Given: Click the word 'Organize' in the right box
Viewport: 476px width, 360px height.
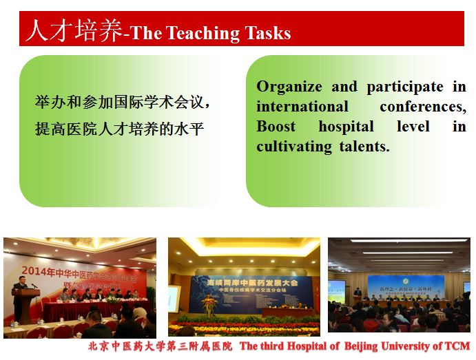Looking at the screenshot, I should (x=289, y=87).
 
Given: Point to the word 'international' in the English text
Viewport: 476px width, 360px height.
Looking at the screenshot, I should (x=302, y=107).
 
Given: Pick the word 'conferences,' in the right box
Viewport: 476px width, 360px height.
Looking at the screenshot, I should (x=422, y=107).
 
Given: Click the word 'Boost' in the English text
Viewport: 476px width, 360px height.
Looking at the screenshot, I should (x=276, y=127).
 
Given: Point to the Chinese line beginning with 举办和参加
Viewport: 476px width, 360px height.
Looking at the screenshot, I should (x=123, y=103).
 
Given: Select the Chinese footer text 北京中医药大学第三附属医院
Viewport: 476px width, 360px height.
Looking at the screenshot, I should (x=160, y=346).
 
